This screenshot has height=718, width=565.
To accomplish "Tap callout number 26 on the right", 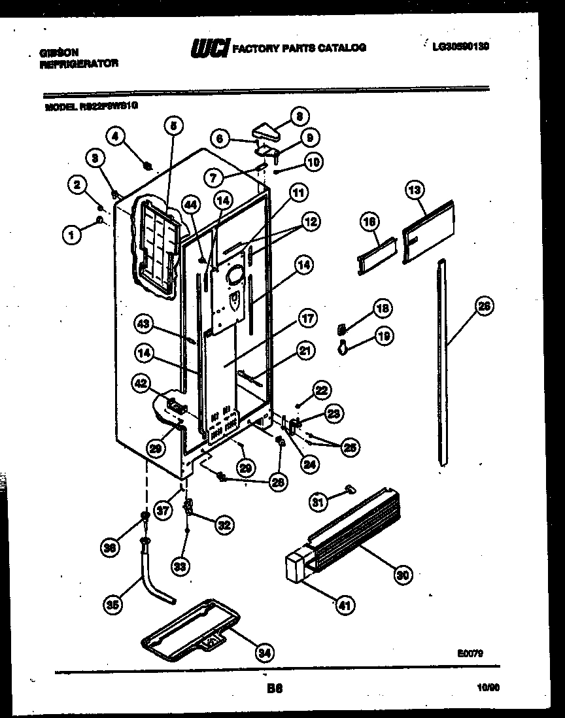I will tap(484, 306).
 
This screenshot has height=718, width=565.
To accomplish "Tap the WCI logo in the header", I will tap(210, 48).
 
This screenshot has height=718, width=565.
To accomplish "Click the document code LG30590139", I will tap(461, 46).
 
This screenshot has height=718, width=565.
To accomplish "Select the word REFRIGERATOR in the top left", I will tap(79, 64).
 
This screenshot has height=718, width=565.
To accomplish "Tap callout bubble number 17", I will tap(307, 319).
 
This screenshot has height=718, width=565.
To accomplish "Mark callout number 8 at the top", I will tap(299, 118).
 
